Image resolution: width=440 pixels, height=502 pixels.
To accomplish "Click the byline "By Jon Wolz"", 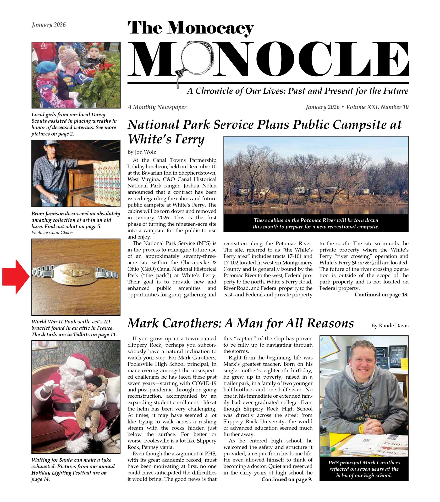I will pos(142,152).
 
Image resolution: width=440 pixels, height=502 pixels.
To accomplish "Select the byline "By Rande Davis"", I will pos(390,326).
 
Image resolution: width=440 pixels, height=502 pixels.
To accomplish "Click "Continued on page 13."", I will pos(381,295).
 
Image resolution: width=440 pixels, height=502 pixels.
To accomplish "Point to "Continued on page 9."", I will pos(287,479).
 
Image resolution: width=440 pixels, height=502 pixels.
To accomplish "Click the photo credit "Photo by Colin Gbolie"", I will pos(52,232).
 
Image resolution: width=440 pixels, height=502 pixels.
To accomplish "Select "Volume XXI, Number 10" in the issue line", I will pos(377,107).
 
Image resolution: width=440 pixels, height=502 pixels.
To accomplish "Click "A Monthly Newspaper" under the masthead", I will pos(157,107).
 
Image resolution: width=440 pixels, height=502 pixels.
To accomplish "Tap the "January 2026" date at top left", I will pos(49,25).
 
